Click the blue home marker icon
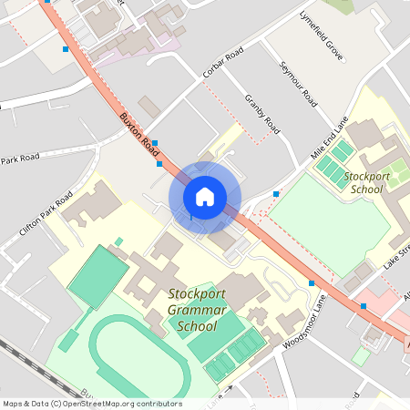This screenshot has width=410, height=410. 205,196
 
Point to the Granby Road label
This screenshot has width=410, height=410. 261,114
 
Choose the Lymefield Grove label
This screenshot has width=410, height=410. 322,36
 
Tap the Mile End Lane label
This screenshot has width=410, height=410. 331,137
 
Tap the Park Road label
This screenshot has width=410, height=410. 20,159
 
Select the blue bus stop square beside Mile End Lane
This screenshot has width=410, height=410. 276,194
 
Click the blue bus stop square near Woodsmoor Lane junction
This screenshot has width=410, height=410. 312,283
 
